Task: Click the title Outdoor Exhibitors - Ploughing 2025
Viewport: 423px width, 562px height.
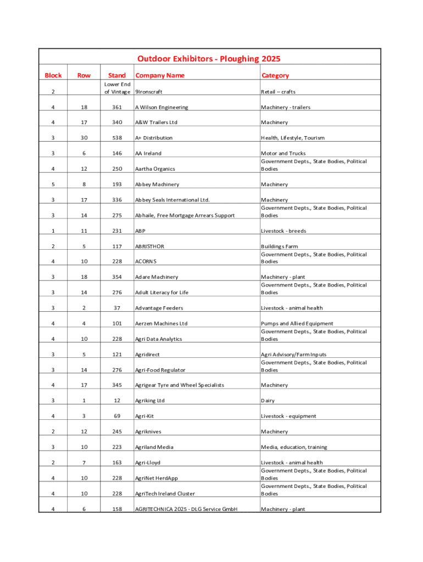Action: click(x=209, y=59)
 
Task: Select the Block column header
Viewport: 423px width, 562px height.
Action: click(x=53, y=75)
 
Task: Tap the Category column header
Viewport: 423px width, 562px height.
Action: click(x=275, y=75)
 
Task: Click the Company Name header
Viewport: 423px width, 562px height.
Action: click(x=160, y=75)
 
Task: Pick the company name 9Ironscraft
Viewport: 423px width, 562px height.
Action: click(x=149, y=92)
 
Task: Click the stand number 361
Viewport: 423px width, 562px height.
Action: click(x=117, y=107)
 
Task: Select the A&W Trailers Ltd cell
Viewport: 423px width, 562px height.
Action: click(x=157, y=122)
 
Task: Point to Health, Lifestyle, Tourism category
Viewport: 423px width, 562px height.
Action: click(x=293, y=138)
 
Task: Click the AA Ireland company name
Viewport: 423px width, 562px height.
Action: click(x=148, y=153)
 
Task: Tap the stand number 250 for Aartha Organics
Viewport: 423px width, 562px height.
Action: click(x=117, y=169)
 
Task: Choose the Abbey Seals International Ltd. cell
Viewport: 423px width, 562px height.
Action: click(x=172, y=200)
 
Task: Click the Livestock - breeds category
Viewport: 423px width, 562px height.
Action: click(x=283, y=231)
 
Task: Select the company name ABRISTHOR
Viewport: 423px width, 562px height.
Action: click(x=149, y=246)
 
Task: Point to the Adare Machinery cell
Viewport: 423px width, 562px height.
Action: click(x=157, y=277)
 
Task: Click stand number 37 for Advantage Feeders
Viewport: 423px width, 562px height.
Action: click(x=117, y=308)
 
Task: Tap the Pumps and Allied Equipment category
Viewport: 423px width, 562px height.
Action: click(x=297, y=324)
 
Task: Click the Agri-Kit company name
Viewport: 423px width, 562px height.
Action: click(x=144, y=416)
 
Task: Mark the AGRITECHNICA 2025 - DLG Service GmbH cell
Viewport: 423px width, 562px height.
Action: click(x=186, y=509)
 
